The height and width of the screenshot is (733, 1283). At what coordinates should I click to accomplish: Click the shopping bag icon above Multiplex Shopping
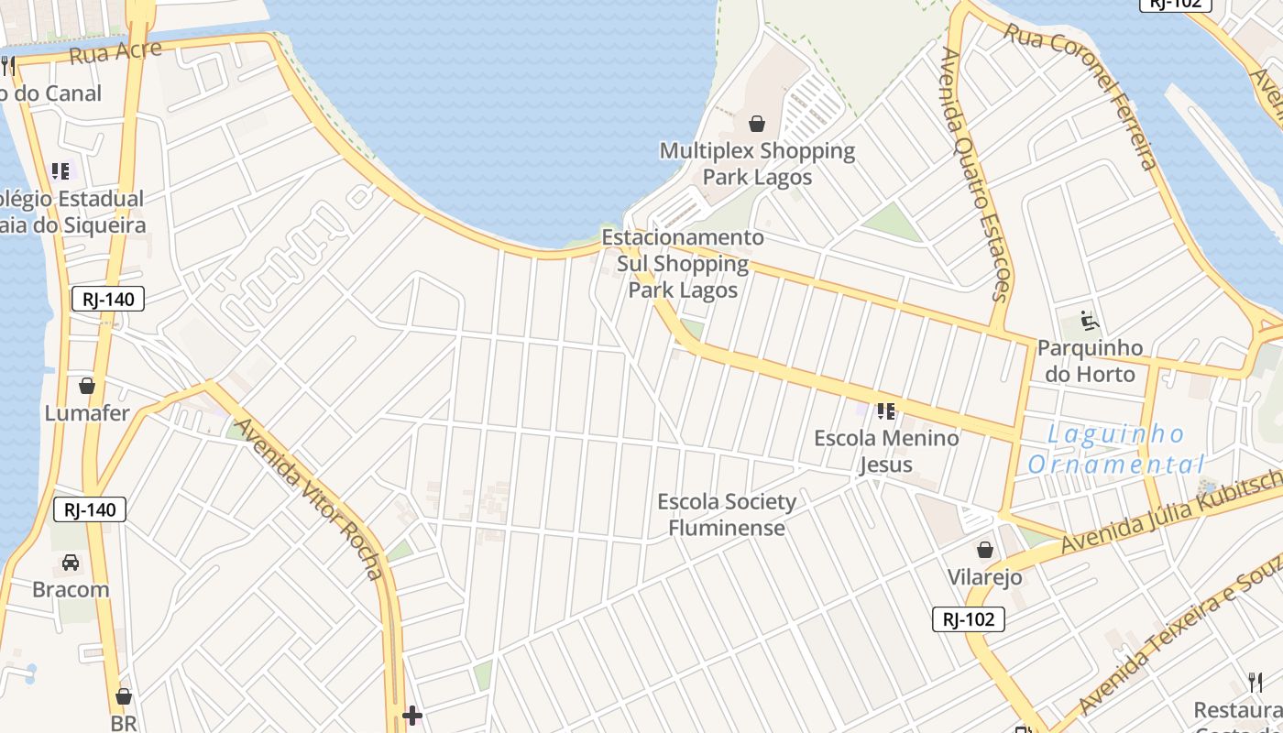(x=757, y=124)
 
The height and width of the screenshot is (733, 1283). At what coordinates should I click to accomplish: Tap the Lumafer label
(x=87, y=413)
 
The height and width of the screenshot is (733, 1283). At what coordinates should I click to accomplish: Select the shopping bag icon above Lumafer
(x=87, y=386)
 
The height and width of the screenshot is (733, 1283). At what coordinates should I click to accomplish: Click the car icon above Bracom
(x=71, y=562)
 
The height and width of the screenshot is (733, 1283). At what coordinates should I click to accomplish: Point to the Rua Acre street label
(x=115, y=53)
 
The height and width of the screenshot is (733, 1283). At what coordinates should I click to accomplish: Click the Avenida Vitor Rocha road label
(x=309, y=498)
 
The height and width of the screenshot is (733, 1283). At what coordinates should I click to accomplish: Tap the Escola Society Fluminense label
(x=727, y=515)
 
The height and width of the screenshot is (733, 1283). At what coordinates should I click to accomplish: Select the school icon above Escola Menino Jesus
(x=885, y=411)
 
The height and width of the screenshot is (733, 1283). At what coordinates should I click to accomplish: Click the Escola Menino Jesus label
(x=886, y=451)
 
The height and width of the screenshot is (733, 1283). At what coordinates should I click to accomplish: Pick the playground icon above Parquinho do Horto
(x=1090, y=322)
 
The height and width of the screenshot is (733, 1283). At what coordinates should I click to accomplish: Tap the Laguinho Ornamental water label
(x=1116, y=449)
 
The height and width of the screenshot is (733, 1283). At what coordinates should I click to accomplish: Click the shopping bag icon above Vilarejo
(x=985, y=550)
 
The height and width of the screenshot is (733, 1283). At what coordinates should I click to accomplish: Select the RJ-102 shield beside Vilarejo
(x=969, y=619)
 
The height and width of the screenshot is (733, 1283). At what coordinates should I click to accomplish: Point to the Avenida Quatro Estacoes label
(x=974, y=174)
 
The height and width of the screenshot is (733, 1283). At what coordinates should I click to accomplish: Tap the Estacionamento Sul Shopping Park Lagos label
(x=683, y=264)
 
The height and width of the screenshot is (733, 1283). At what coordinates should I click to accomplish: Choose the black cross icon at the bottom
(x=412, y=715)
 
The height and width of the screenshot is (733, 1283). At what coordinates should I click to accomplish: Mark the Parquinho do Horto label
(x=1090, y=361)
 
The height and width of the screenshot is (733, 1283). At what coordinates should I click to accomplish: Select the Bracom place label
(x=71, y=589)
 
